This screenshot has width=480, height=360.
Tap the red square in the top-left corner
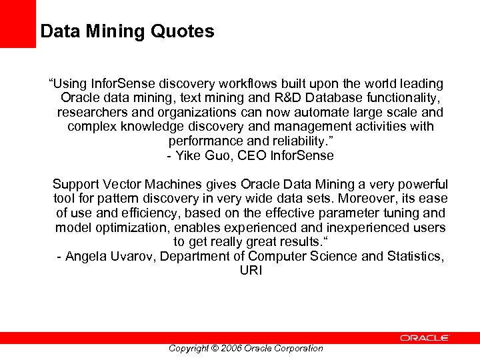(17, 23)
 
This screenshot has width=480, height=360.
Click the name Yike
(193, 156)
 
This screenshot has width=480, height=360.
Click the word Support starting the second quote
(75, 185)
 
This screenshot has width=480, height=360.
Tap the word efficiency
(151, 213)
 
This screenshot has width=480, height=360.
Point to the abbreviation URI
(251, 271)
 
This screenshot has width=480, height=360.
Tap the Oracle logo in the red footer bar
(425, 338)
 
